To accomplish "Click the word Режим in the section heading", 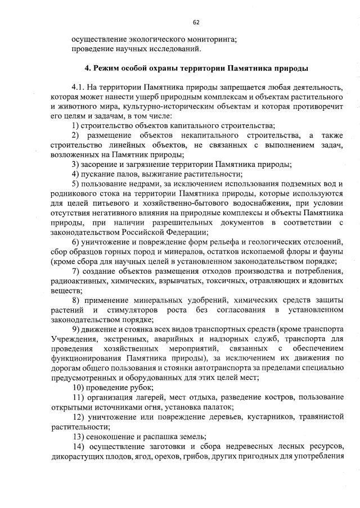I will (x=102, y=69).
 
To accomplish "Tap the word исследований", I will (x=172, y=49).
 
